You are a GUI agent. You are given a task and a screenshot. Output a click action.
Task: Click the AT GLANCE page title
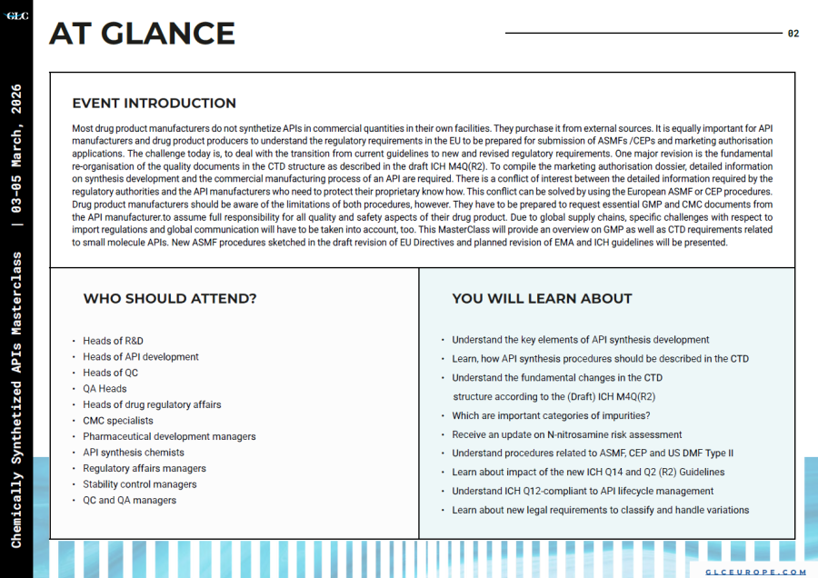[142, 33]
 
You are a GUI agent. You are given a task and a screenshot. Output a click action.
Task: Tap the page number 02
[793, 34]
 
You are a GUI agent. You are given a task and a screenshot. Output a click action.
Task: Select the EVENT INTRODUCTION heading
[154, 104]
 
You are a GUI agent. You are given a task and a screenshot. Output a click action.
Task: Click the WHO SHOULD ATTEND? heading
[170, 298]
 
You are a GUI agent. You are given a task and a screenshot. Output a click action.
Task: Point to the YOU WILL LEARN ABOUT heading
[542, 298]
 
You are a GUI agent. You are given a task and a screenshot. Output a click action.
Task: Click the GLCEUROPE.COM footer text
[756, 572]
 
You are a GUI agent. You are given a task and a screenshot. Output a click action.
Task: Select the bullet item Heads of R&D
[113, 341]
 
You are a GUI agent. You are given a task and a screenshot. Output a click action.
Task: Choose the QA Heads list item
[105, 389]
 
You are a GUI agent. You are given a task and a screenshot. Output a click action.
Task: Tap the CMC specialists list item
[118, 421]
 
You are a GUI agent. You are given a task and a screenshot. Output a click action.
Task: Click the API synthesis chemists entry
[134, 453]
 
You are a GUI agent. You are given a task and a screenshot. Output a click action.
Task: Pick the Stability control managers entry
[140, 484]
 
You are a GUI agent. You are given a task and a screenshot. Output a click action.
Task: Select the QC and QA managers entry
[129, 500]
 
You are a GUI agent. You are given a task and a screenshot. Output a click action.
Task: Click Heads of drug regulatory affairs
[152, 404]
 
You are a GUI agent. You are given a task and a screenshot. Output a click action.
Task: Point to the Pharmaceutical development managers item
[169, 436]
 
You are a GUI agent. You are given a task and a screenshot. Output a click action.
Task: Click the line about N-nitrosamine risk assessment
[566, 434]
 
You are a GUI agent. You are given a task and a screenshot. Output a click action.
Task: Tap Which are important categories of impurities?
[551, 415]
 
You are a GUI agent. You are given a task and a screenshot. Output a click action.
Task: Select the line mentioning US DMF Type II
[593, 453]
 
